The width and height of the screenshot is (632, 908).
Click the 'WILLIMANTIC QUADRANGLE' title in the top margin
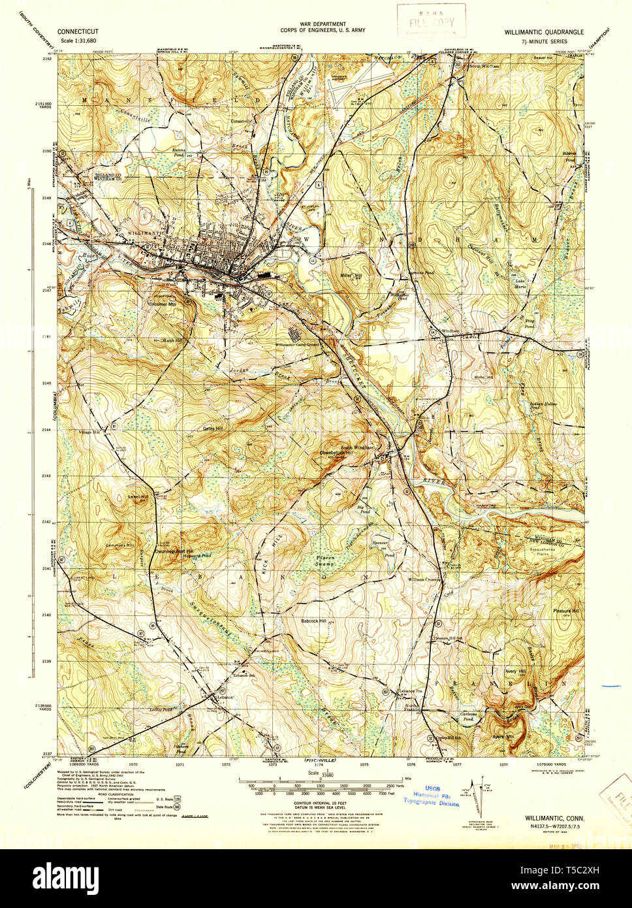click(543, 31)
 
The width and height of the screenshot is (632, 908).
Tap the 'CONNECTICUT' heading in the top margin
click(78, 31)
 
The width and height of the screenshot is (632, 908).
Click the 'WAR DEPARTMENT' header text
click(323, 24)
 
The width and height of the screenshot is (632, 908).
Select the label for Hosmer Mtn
click(163, 304)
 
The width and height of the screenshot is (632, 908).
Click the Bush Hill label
click(172, 340)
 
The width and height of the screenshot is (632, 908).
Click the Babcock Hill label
click(313, 621)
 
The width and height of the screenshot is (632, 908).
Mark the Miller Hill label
click(350, 276)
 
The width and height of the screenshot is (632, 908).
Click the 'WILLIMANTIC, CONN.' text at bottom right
click(554, 818)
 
